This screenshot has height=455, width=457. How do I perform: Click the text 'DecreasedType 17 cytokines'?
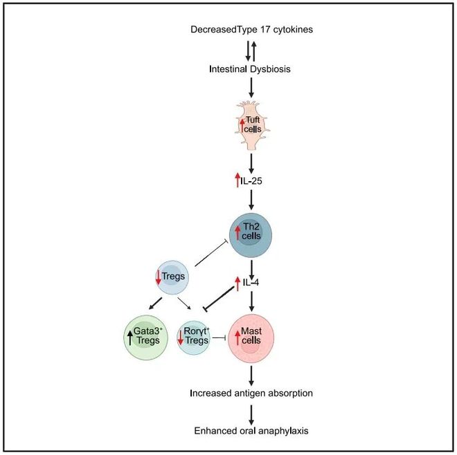pos(251,30)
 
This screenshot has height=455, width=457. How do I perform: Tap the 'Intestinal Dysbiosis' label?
pos(251,69)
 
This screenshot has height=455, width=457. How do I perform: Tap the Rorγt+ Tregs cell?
pos(193,337)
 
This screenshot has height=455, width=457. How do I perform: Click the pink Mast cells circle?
pos(251,337)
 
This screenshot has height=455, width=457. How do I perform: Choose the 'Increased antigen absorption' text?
pos(251,393)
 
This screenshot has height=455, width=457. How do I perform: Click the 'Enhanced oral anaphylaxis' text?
pos(251,430)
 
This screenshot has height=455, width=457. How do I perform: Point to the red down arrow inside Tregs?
pos(158,277)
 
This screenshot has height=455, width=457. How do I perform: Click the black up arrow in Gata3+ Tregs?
pos(131,337)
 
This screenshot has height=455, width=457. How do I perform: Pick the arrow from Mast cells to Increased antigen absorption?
pos(251,373)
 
